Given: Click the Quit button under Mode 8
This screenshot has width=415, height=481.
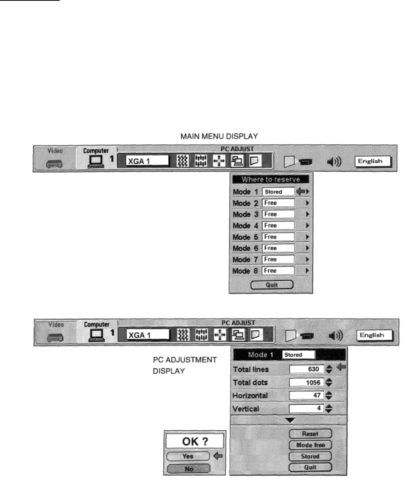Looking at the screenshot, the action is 272,285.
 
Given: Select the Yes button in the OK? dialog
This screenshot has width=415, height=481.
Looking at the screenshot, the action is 188,456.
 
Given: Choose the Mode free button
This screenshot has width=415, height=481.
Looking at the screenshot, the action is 310,445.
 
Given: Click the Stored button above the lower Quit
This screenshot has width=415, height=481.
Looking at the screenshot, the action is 310,456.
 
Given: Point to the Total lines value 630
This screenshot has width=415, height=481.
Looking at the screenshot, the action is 307,369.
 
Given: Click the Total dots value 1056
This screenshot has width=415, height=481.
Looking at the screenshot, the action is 307,382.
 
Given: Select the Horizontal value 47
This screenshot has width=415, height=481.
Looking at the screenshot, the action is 307,396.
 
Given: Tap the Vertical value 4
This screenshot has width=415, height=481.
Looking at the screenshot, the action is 307,408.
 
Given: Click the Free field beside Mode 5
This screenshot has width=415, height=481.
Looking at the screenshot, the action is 278,237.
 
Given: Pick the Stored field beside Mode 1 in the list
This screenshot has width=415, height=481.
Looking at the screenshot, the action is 278,192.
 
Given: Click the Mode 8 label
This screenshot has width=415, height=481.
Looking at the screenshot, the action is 245,271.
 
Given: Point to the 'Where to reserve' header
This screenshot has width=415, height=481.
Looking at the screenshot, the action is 271,179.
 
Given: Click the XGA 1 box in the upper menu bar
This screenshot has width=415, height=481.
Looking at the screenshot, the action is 147,161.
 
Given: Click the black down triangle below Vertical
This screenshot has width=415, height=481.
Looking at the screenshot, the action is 290,420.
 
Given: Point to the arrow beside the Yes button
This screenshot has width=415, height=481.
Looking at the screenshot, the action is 218,456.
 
